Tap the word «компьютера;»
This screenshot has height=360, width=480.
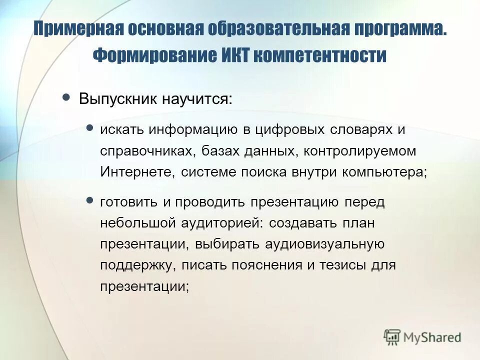385,172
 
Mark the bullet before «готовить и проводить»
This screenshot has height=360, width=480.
90,200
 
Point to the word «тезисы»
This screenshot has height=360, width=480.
345,265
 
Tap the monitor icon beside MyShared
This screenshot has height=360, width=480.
392,336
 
